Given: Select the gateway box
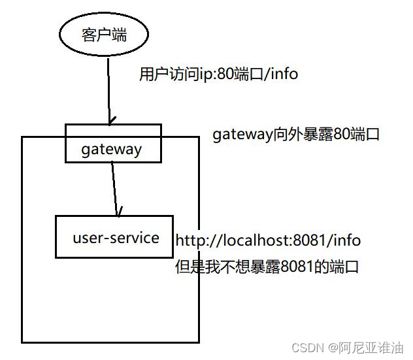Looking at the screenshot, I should coord(112,143).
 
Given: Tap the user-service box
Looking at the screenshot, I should coord(115,237).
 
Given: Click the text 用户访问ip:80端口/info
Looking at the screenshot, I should coord(218,74).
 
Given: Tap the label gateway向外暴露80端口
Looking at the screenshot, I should coord(295,135).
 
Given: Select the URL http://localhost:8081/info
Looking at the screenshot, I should coord(268,240).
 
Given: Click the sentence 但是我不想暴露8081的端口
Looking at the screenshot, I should coord(267,267).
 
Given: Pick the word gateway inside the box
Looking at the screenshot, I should coord(112,149).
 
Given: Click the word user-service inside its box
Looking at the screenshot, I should coord(116,237).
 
